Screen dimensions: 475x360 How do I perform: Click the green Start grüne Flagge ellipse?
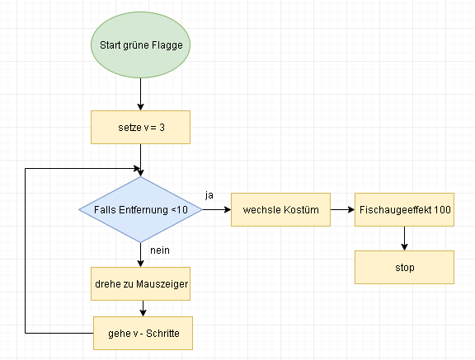(x=140, y=44)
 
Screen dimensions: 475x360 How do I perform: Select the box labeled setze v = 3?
(x=140, y=127)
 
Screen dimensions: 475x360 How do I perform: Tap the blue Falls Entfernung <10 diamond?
(x=140, y=209)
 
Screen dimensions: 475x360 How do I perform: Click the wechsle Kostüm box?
(x=280, y=209)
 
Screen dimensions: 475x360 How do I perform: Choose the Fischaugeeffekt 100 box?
(x=404, y=209)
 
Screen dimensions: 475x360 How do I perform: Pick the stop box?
(x=404, y=267)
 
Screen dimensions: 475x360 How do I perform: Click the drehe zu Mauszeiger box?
(x=140, y=283)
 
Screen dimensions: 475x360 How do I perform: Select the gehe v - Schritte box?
(x=143, y=333)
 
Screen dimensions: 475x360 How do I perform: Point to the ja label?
(x=209, y=195)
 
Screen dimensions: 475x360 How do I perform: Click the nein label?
(x=160, y=250)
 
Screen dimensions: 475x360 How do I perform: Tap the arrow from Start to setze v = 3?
(x=140, y=95)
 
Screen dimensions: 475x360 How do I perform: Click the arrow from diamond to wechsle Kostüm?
(x=217, y=209)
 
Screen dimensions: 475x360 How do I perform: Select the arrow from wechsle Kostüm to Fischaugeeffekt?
(x=342, y=209)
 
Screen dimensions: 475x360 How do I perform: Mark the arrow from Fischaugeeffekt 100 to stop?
(x=404, y=238)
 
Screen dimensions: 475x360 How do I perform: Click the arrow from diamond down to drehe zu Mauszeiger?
(x=140, y=255)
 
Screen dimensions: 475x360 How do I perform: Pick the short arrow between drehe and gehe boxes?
(x=143, y=309)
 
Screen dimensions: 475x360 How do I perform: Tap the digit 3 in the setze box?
(x=162, y=128)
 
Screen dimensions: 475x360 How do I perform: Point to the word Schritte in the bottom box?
(x=162, y=333)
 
